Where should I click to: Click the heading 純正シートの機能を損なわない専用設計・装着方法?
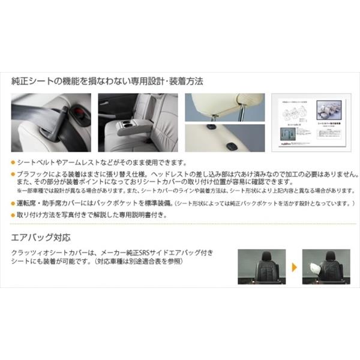108,80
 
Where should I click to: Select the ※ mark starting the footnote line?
20,191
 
